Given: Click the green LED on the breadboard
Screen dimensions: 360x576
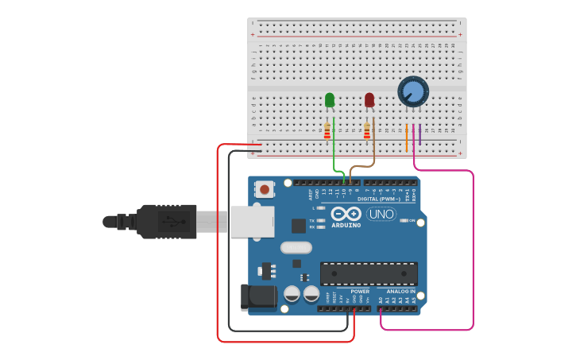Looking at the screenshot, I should [330, 99].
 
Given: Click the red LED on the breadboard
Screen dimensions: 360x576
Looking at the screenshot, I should [369, 99].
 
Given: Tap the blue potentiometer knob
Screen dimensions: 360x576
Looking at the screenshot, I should [413, 91].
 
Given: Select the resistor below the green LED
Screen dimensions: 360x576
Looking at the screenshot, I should [327, 131].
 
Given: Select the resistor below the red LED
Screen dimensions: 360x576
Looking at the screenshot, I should [366, 131].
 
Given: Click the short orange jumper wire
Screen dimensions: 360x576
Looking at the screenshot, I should [406, 137].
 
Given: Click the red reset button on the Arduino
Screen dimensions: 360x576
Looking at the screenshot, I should [264, 189].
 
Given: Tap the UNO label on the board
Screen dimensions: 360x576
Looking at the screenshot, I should [381, 213].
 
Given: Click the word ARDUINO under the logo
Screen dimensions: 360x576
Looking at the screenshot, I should [346, 225].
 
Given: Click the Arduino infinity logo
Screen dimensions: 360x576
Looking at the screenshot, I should [346, 214].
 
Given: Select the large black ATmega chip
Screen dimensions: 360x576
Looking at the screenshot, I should [369, 273].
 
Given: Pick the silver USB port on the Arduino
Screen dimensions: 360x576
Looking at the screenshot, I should [253, 222].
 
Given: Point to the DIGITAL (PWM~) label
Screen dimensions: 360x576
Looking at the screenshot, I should [378, 199].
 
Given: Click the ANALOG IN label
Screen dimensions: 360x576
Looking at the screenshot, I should [401, 292].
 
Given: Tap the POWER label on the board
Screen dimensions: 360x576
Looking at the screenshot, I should [359, 292].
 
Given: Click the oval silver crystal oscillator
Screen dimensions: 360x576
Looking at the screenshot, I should [296, 247].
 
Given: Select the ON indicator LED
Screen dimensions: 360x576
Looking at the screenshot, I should [404, 220].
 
